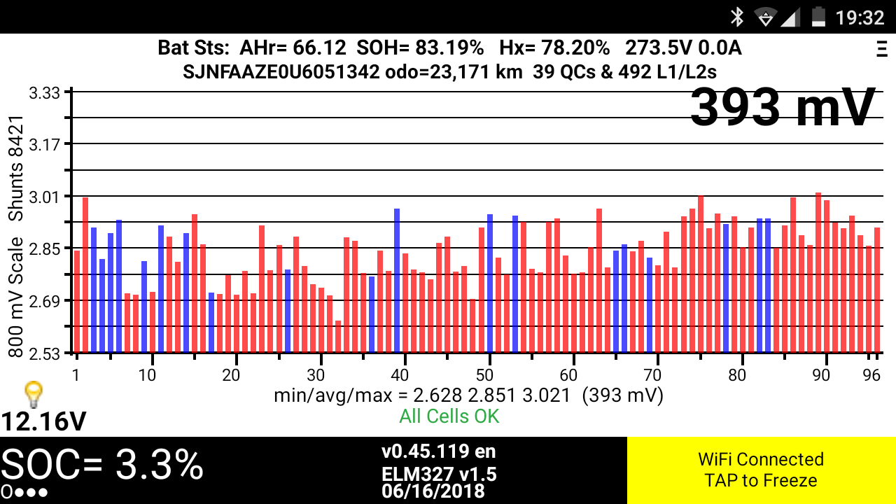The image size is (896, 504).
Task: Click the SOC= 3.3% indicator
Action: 102,465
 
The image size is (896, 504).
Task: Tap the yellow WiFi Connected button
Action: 761,470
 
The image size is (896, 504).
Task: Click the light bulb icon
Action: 33,394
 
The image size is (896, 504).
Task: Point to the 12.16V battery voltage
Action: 43,421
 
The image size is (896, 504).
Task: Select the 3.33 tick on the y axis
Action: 45,92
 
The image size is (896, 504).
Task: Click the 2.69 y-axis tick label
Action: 45,300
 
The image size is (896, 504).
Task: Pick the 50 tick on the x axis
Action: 489,375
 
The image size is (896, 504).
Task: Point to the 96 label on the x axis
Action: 871,375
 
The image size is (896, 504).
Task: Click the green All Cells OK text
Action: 449,416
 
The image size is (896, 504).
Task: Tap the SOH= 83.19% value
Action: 420,48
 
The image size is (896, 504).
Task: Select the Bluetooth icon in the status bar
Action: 736,17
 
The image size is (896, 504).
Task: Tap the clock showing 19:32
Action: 860,17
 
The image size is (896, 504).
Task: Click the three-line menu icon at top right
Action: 881,49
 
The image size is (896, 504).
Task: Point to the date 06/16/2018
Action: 433,491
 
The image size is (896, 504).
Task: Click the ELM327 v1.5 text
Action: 439,475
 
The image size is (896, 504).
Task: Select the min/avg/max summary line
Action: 468,396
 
